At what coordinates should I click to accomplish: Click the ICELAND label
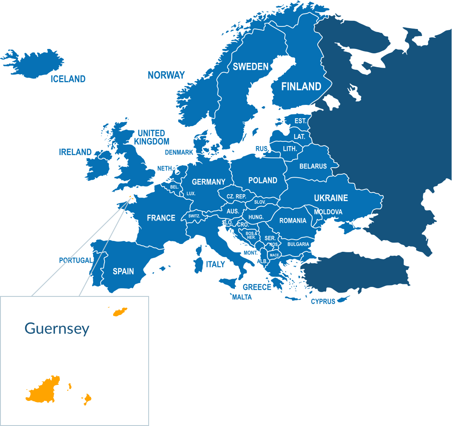click(68, 79)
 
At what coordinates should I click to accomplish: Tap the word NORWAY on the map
click(166, 75)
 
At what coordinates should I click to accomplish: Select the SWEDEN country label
click(250, 67)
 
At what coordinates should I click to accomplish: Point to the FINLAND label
click(301, 87)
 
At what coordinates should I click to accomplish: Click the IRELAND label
click(75, 152)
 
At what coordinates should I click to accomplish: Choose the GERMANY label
click(208, 182)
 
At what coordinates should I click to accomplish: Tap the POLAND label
click(263, 180)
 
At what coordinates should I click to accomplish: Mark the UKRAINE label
click(331, 198)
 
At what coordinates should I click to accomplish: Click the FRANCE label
click(161, 218)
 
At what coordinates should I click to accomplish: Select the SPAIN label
click(123, 272)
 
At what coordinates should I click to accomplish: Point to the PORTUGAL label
click(76, 260)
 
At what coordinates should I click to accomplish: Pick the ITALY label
click(215, 264)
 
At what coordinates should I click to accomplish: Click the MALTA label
click(242, 297)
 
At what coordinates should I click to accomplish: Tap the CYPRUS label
click(323, 302)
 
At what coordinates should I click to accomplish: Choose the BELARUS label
click(313, 166)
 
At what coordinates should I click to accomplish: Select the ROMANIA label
click(293, 221)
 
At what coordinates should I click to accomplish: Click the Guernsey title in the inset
click(57, 328)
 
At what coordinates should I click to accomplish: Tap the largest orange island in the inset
click(43, 390)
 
